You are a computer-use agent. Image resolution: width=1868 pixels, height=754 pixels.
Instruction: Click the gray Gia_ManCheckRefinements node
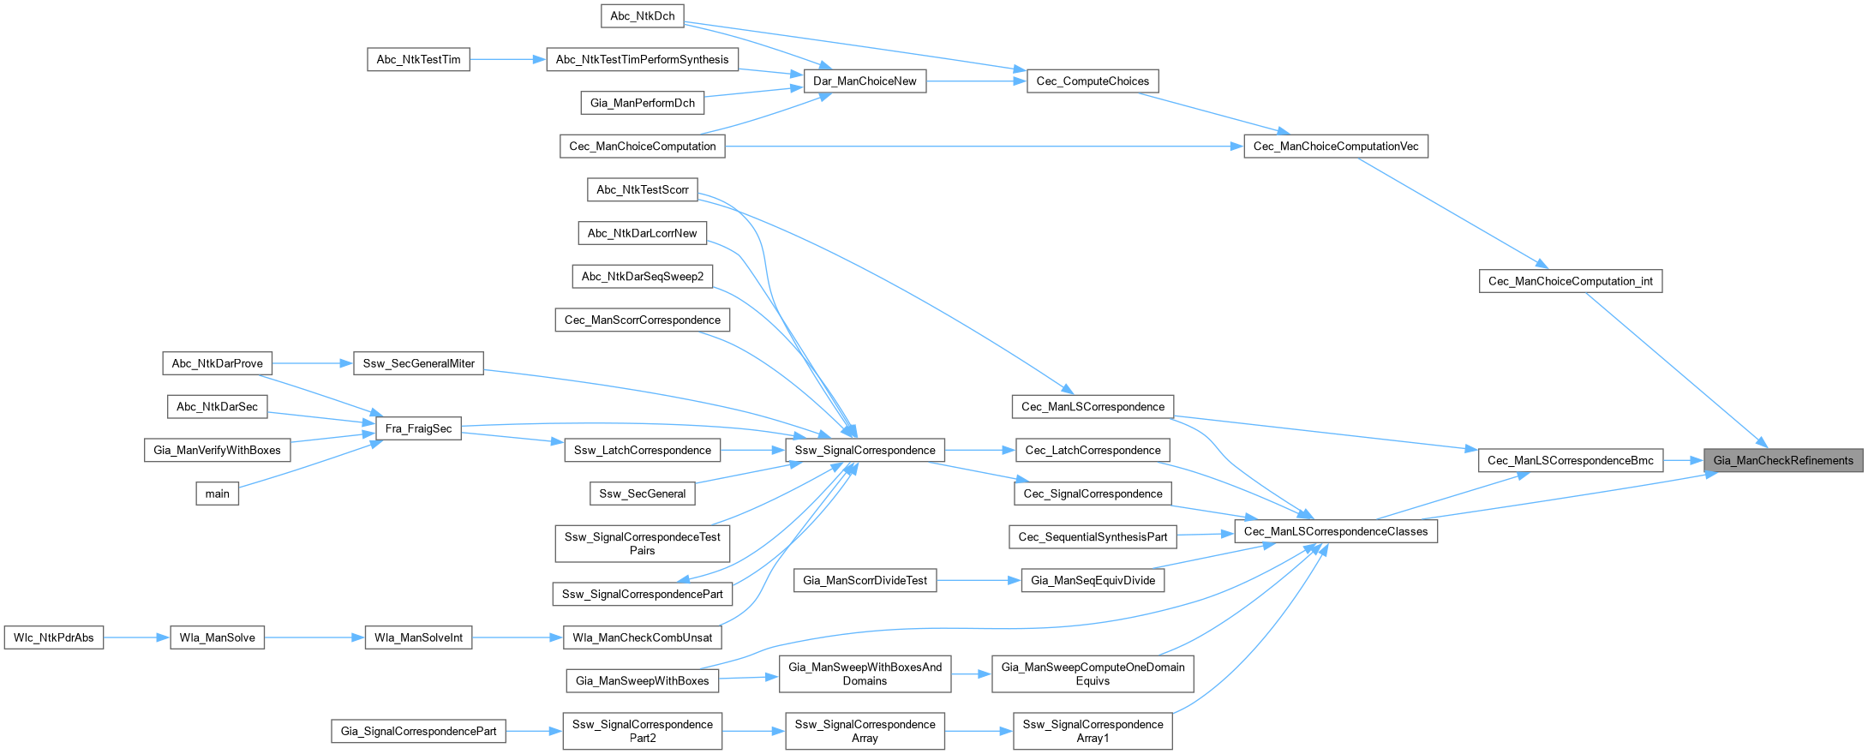point(1783,460)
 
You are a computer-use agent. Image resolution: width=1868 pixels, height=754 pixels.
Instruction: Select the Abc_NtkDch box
point(643,15)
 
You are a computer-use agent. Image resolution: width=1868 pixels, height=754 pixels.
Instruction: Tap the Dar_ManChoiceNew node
point(865,81)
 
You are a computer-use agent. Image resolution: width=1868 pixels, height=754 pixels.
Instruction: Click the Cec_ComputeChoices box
point(1093,81)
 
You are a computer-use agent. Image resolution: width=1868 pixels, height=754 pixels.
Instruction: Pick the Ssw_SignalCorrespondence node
point(865,450)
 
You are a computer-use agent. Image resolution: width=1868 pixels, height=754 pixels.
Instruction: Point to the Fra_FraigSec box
point(418,428)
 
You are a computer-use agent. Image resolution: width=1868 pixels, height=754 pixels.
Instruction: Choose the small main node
point(218,494)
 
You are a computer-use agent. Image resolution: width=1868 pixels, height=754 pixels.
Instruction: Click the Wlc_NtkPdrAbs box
point(54,637)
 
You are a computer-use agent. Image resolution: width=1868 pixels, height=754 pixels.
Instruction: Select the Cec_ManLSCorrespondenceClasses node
point(1336,531)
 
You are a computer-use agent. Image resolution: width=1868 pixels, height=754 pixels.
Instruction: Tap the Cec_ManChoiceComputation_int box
point(1571,281)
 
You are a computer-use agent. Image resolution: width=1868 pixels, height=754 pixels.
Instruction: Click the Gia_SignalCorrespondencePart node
point(418,731)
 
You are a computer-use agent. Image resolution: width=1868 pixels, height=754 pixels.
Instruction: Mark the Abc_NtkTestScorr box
point(643,189)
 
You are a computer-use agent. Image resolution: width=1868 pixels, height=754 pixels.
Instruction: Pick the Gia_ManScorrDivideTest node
point(865,580)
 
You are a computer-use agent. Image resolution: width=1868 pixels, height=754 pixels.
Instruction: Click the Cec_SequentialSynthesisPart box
point(1093,537)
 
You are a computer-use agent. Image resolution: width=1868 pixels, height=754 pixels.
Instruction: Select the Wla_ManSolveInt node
point(418,637)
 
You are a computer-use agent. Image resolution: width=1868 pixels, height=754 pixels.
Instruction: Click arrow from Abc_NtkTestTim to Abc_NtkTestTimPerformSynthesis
point(508,59)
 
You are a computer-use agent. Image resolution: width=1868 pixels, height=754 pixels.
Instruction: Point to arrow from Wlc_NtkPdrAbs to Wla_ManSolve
point(137,637)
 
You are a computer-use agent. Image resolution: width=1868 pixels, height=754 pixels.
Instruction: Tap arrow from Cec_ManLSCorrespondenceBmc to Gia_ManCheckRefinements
point(1683,460)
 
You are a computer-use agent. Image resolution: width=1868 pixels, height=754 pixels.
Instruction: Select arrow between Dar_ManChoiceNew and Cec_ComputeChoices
point(976,81)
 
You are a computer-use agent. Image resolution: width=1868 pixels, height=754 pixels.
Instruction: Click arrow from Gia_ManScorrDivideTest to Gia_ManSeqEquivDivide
point(979,580)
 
